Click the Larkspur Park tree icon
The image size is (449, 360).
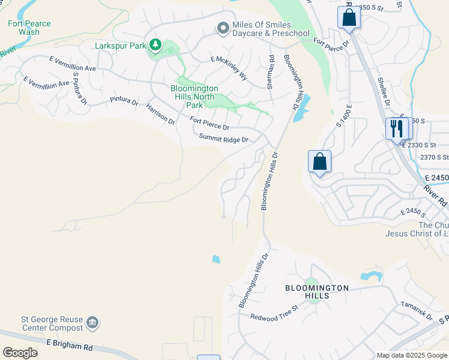[x=155, y=45]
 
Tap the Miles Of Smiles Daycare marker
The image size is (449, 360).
[x=223, y=28]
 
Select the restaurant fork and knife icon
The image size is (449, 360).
[x=397, y=129]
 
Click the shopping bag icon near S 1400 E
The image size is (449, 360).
[x=319, y=161]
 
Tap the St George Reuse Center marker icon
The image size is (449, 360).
[x=92, y=323]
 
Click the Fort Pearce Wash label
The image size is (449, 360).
[x=29, y=28]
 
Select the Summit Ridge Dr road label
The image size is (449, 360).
[x=224, y=139]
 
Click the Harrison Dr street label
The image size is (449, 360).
[x=160, y=114]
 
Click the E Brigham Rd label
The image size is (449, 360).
[x=70, y=344]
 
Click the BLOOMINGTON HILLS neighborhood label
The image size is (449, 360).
[x=316, y=292]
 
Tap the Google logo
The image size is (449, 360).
[x=20, y=352]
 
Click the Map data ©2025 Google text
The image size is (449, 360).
[x=412, y=355]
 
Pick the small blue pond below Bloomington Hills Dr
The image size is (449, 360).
[x=216, y=259]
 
